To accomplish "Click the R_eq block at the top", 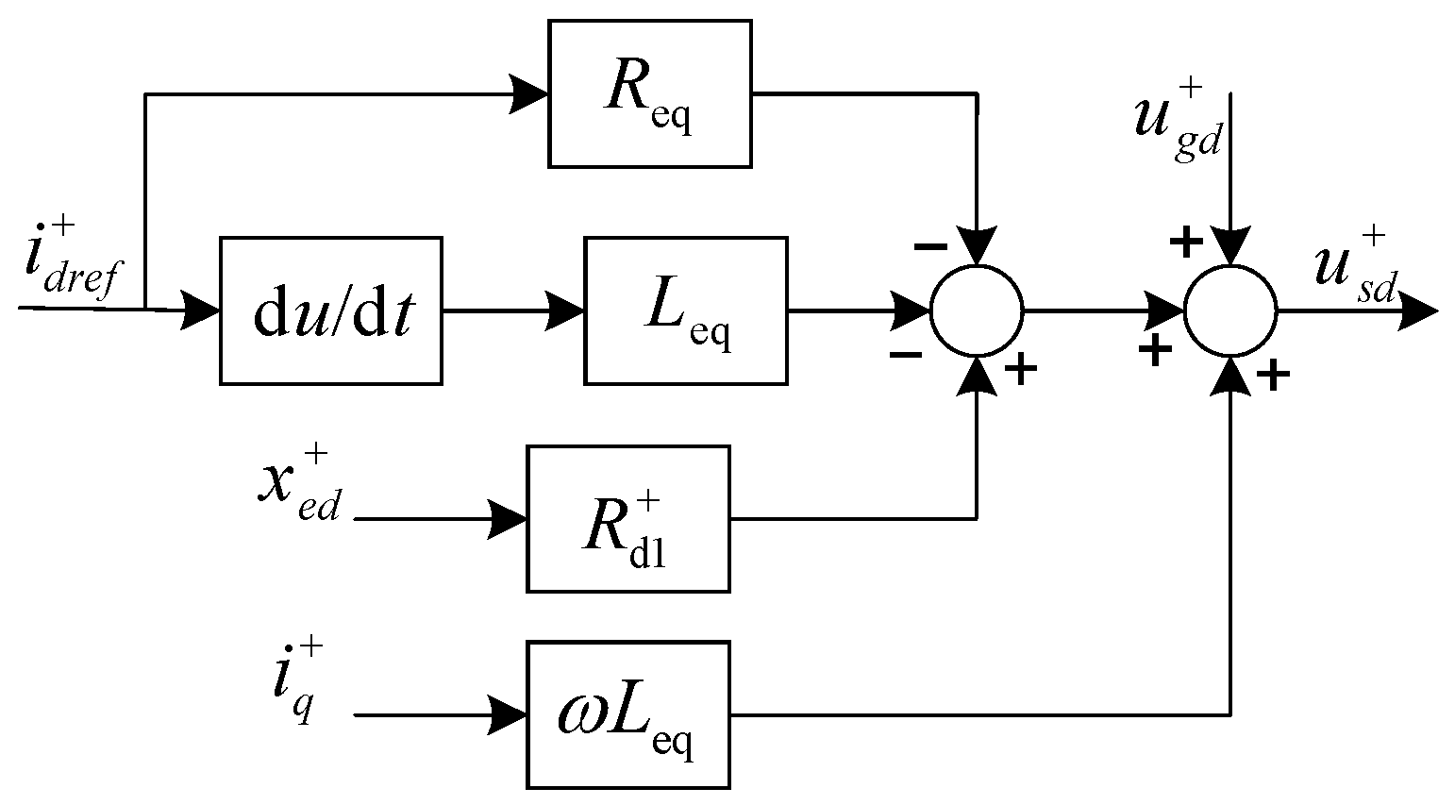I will click(x=649, y=94).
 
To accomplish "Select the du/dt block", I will click(x=330, y=310).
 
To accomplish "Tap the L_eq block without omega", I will click(x=686, y=310).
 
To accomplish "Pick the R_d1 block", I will click(x=627, y=519).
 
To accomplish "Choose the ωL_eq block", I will click(x=627, y=715).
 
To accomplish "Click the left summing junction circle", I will click(x=976, y=310).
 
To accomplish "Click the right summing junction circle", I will click(x=1230, y=310).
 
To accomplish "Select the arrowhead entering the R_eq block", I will click(x=528, y=94).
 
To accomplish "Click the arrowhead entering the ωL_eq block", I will click(x=508, y=715).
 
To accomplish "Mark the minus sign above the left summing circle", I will click(x=930, y=246).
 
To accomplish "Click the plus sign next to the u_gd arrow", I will click(x=1185, y=243).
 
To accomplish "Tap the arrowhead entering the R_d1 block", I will click(x=508, y=519).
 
